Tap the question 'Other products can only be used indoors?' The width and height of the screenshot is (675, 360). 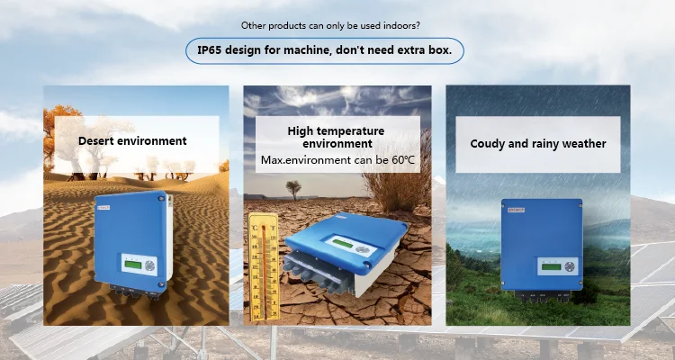tap(337, 25)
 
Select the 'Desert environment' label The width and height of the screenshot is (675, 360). tap(132, 140)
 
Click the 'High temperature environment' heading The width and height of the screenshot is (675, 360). tap(337, 137)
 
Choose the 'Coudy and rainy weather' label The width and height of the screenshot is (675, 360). tap(538, 143)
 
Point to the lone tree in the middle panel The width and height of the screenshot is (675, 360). tap(293, 189)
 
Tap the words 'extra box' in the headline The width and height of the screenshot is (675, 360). tap(427, 50)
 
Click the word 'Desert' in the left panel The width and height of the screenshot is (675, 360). tap(96, 140)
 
